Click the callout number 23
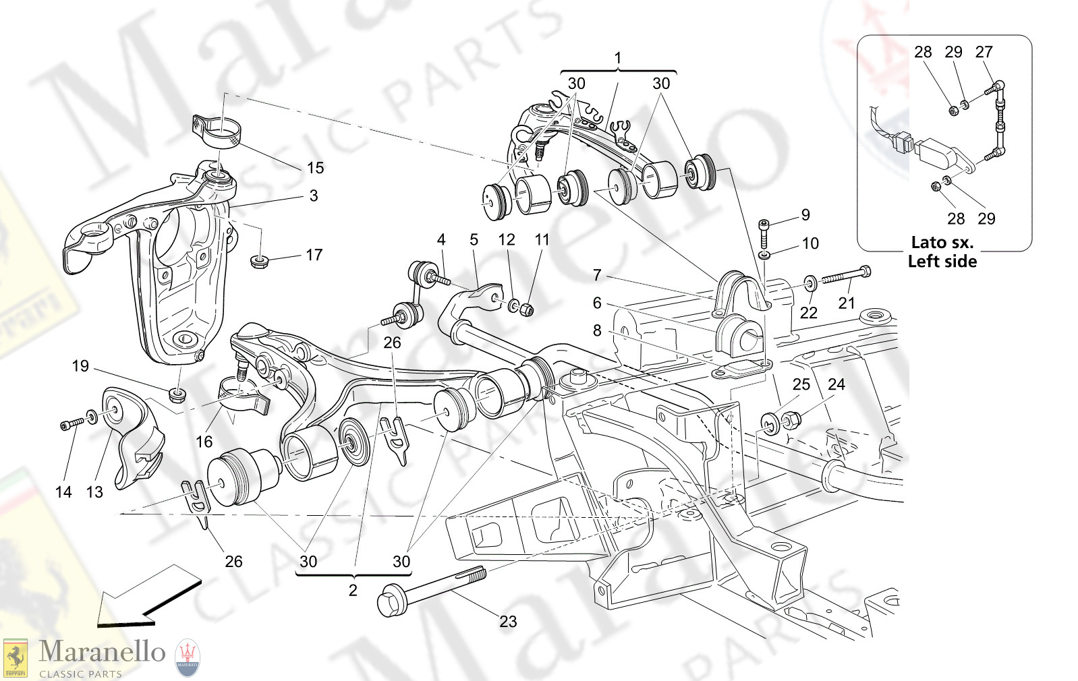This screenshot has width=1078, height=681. click(x=508, y=622)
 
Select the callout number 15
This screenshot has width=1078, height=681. click(x=315, y=168)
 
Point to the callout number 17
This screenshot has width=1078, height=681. click(x=314, y=255)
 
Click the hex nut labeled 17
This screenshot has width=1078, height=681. click(x=259, y=260)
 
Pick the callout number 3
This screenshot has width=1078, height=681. click(x=314, y=196)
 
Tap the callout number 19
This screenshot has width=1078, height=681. click(x=80, y=366)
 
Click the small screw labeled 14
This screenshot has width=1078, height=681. click(x=71, y=423)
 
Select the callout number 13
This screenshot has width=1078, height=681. click(x=94, y=492)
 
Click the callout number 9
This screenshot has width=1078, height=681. click(x=805, y=215)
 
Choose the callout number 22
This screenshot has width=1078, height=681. click(x=808, y=313)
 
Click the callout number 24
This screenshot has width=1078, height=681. click(x=836, y=384)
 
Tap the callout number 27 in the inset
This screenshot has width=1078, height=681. click(x=984, y=52)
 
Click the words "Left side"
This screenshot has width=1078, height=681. click(x=942, y=262)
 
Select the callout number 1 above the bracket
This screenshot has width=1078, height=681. click(x=618, y=58)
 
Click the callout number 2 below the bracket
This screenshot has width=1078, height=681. click(x=353, y=591)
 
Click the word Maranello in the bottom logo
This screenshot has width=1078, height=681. click(x=102, y=652)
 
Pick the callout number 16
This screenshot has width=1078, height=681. click(x=204, y=442)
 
